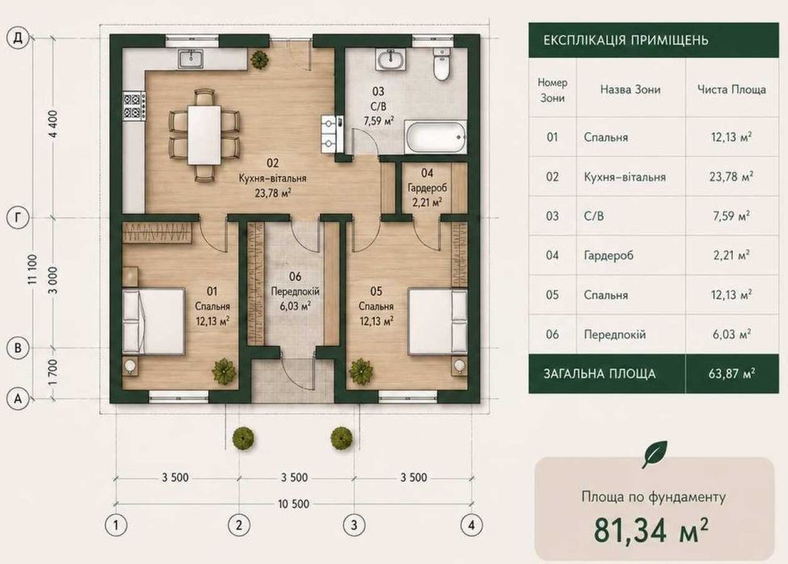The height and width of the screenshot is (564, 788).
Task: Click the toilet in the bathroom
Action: [442, 65]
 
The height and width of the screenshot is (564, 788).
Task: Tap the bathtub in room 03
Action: [435, 137]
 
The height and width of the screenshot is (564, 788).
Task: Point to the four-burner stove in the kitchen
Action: [134, 107]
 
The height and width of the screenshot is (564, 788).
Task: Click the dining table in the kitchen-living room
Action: [204, 134]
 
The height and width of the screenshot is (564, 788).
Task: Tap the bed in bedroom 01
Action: [153, 321]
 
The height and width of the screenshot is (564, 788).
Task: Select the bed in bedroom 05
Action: [438, 321]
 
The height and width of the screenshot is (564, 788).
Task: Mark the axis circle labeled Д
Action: [18, 38]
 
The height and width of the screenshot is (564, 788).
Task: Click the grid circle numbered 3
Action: [354, 525]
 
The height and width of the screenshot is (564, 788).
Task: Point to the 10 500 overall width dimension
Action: [294, 503]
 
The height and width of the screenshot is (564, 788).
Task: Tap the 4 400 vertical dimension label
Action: [54, 127]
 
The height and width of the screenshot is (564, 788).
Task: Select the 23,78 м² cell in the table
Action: [731, 177]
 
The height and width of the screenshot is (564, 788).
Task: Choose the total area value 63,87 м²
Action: [731, 374]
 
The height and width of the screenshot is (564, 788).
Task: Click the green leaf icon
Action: [654, 454]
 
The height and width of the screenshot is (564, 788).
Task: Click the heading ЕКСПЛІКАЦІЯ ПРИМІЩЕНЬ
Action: [626, 40]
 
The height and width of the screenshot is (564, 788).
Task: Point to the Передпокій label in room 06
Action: [295, 291]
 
